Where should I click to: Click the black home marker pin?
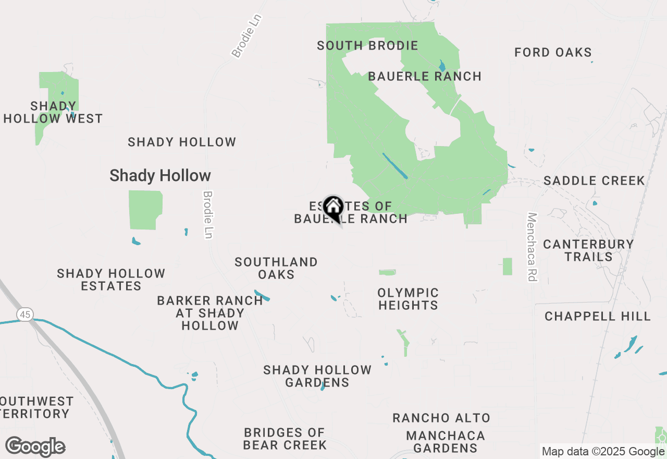332,207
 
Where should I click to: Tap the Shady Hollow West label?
53,113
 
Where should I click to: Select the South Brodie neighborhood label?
367,46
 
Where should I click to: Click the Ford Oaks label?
553,53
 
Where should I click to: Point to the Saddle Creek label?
594,181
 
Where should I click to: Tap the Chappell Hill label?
598,317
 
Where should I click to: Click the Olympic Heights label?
408,299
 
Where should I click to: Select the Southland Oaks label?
276,268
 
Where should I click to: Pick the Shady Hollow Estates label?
111,280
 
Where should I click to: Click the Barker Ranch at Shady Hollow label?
210,313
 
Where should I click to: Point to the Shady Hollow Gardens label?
317,376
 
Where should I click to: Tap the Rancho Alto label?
441,418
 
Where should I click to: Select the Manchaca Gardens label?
446,442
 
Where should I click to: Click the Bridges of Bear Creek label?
285,439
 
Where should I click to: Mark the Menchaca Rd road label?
532,247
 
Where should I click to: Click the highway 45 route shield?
24,314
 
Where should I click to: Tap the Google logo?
35,447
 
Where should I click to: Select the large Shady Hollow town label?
160,176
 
